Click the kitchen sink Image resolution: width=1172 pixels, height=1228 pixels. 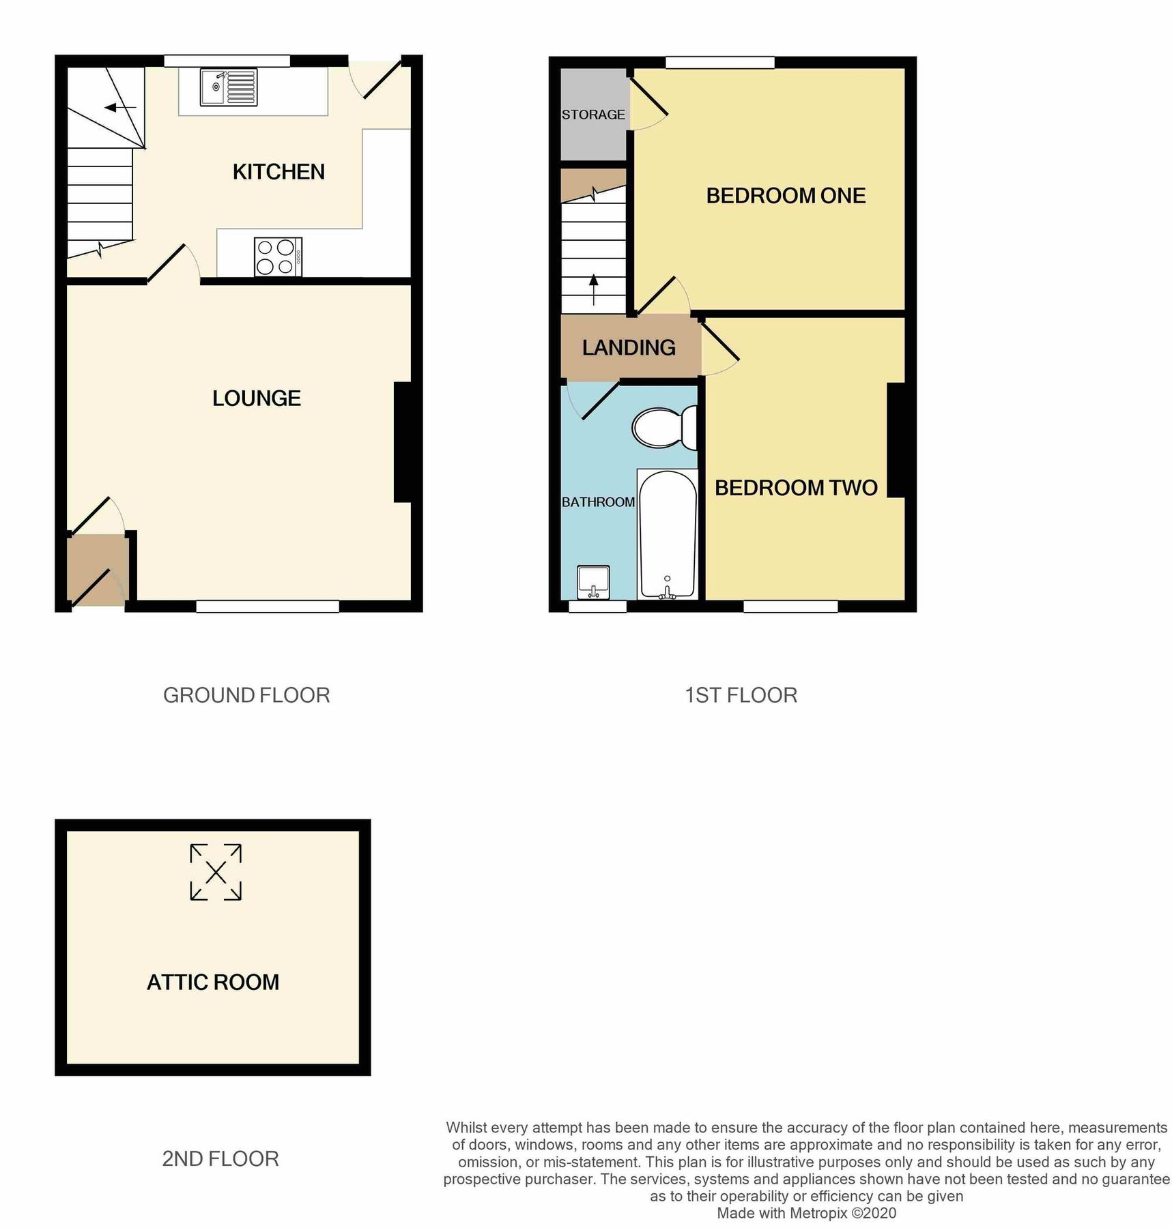coord(229,87)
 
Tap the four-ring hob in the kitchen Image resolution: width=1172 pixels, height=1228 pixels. coord(278,257)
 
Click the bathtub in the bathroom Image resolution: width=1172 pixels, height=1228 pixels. coord(667,533)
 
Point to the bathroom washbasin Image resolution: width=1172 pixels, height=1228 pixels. coord(593,581)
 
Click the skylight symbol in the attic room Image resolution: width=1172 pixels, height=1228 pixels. coord(216,872)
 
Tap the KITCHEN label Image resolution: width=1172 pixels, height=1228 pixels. coord(278,172)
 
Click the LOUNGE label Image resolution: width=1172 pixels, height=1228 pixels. coord(257,398)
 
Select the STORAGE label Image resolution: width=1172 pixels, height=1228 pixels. coord(593,115)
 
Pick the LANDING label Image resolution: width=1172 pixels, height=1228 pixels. coord(629,348)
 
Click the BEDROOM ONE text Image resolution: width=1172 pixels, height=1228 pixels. coord(786,196)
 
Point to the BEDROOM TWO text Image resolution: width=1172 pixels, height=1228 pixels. coord(796,488)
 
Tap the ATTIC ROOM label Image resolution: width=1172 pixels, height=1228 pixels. coord(213,982)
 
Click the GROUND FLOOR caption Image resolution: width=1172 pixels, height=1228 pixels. coord(246,695)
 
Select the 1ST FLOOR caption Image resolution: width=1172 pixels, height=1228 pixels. coord(741,695)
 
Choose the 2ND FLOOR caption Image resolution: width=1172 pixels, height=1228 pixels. coord(220,1159)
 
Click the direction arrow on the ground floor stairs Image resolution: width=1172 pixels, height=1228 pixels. coord(120,107)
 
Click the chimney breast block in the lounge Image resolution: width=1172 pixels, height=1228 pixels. coord(403,442)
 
